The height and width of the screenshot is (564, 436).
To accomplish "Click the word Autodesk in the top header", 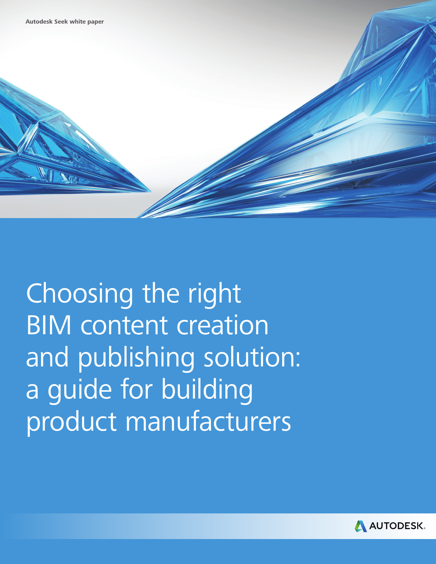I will coord(39,22).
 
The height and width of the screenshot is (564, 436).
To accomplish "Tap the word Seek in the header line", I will coord(61,22).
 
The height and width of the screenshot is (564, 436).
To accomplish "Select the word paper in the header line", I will coord(95,22).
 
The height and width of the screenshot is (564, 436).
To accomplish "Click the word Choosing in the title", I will coord(79,294).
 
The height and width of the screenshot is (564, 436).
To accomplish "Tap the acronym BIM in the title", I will coord(49,325).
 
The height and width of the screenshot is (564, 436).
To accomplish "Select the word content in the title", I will coord(124,325).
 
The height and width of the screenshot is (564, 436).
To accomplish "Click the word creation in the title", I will coord(222,325).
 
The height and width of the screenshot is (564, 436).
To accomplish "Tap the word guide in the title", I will coord(80,390).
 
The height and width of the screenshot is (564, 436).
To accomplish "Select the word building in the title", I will coord(207,390).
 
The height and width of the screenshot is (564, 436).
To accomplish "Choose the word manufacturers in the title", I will coord(208,421).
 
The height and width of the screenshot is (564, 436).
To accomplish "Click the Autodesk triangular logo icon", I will coord(360,526).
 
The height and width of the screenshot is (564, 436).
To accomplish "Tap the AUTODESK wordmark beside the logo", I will coord(397,526).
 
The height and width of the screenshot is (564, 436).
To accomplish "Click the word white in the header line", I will coord(78,22).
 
